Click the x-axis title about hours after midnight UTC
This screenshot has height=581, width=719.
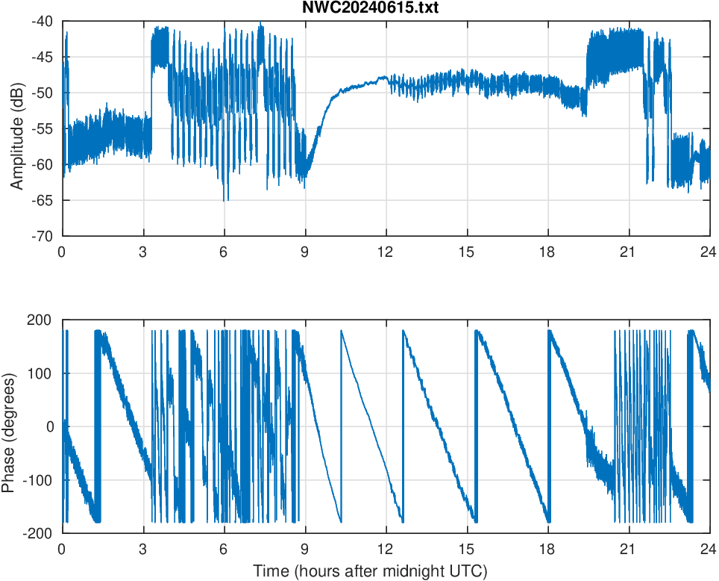click(x=370, y=571)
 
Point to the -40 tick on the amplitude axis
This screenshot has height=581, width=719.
click(x=43, y=22)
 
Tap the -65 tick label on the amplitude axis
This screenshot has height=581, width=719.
click(x=43, y=200)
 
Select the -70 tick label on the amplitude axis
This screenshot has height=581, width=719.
click(x=43, y=236)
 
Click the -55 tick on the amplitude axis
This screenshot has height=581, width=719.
click(x=43, y=128)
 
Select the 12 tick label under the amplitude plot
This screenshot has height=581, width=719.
click(x=386, y=252)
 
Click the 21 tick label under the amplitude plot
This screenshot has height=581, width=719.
click(x=628, y=252)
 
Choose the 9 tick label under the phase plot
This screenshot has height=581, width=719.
click(x=305, y=549)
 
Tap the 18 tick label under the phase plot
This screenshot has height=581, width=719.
click(x=547, y=549)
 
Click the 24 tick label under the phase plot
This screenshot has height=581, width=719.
click(x=709, y=549)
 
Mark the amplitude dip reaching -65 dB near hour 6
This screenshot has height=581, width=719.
click(x=225, y=199)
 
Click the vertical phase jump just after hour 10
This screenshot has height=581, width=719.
click(x=341, y=426)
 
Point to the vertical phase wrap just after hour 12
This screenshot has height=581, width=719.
click(x=403, y=426)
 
